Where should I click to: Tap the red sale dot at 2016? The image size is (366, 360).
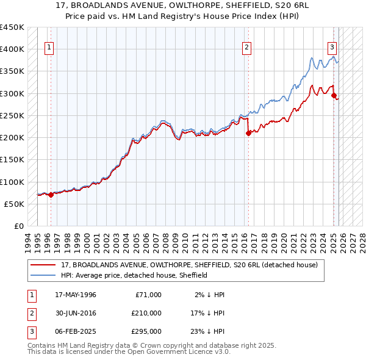pyautogui.click(x=248, y=133)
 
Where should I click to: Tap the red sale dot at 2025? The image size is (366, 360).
pyautogui.click(x=334, y=95)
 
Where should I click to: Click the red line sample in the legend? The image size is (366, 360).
pyautogui.click(x=43, y=265)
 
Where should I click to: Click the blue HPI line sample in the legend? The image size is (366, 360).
pyautogui.click(x=43, y=276)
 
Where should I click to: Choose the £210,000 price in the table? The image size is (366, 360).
pyautogui.click(x=146, y=313)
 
